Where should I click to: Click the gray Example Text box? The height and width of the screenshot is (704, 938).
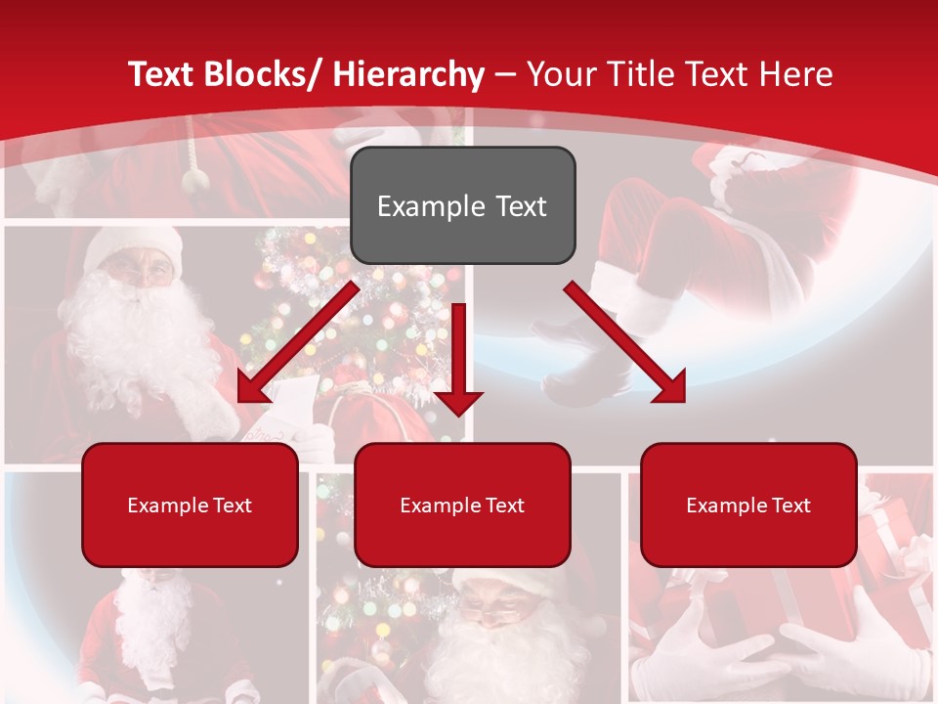[462, 205]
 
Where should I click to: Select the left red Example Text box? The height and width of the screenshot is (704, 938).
[190, 505]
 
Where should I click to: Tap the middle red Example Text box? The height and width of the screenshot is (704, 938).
[462, 505]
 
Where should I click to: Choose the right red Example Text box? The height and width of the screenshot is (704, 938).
[748, 505]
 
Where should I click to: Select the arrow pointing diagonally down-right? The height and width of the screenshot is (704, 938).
[626, 342]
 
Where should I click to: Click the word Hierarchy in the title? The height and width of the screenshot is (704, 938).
[408, 74]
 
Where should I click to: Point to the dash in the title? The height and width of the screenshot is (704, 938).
[505, 74]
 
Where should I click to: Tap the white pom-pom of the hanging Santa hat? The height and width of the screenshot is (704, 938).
[196, 179]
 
